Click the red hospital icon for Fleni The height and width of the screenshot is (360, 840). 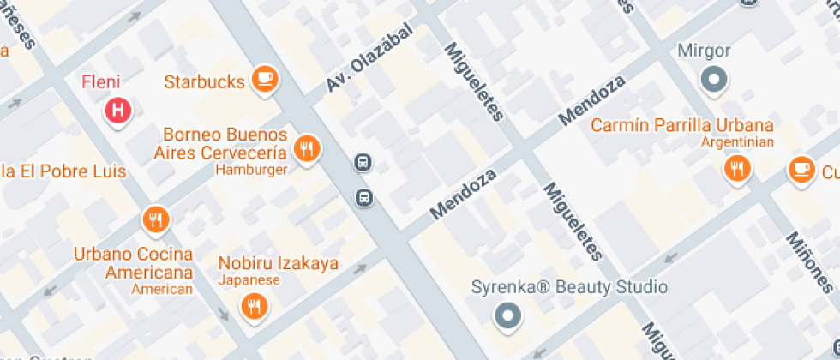[x=119, y=110]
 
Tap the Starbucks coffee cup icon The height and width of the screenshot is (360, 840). [x=266, y=80]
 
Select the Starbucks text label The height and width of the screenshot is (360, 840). [x=205, y=82]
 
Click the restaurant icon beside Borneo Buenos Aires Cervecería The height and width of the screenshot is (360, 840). [x=306, y=148]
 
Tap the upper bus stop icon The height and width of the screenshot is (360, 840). [x=363, y=162]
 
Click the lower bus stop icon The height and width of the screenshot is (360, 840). [x=365, y=198]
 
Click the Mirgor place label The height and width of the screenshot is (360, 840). [x=704, y=51]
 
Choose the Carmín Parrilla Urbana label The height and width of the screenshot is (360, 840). [x=681, y=125]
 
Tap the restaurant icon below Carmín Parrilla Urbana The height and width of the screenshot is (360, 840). [x=735, y=168]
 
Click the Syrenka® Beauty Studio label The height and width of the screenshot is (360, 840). [x=569, y=287]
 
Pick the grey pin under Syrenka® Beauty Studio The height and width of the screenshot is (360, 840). [x=507, y=315]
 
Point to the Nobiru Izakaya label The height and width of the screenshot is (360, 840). [x=278, y=263]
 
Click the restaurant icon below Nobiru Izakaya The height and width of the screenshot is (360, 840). [x=253, y=305]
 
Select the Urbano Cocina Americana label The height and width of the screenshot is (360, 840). [x=133, y=264]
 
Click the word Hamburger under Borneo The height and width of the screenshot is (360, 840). [x=251, y=170]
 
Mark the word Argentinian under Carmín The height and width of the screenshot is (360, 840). [x=736, y=142]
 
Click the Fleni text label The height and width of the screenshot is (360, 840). [x=100, y=82]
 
